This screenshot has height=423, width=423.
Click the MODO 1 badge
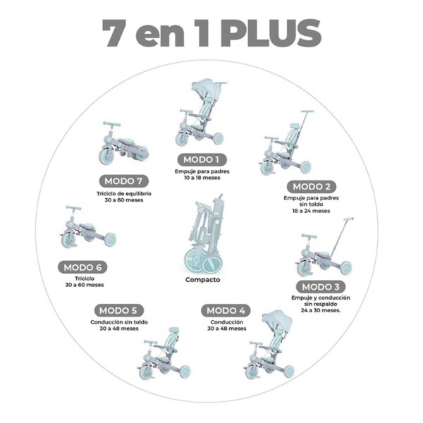pos(202,160)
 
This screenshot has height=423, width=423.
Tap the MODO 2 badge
pos(312,187)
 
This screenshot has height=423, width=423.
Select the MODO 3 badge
pos(321,287)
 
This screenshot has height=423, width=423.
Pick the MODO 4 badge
pos(226,310)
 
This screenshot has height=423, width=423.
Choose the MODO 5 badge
pos(118,310)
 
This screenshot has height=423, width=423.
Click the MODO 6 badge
pos(82,267)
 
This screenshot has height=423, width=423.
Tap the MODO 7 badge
pos(123,181)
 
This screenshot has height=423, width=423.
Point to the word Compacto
pos(202,280)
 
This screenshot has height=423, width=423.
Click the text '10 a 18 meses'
pos(202,178)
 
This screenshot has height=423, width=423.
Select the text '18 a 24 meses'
pos(311,211)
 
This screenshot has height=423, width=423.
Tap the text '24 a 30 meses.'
pos(321,310)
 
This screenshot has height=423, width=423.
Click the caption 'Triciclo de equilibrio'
pos(124,194)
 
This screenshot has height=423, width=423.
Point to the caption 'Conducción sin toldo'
pos(119,322)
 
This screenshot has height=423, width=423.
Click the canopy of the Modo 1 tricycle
pos(204,89)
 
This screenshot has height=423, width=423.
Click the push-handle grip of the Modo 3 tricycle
pos(348,219)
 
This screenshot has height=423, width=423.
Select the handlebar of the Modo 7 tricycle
pos(111,124)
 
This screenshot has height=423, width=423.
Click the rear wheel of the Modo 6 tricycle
pos(110,240)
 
